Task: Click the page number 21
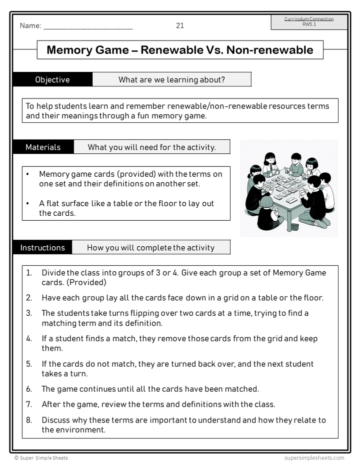coord(180,25)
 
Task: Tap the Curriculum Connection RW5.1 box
coord(308,21)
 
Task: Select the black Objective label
coord(52,79)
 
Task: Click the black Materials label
coord(43,147)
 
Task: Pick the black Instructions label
coord(42,247)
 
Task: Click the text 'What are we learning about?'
coord(171,79)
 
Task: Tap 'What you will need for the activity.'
coord(152,147)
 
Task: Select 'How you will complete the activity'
coord(150,247)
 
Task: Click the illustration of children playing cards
coord(289,188)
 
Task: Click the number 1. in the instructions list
coord(29,273)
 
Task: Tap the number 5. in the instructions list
coord(29,364)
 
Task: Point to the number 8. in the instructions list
coord(29,420)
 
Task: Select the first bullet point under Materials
coord(28,174)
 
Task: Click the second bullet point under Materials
coord(28,203)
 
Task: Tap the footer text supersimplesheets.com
coord(314,458)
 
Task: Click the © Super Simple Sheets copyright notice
coord(41,458)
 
